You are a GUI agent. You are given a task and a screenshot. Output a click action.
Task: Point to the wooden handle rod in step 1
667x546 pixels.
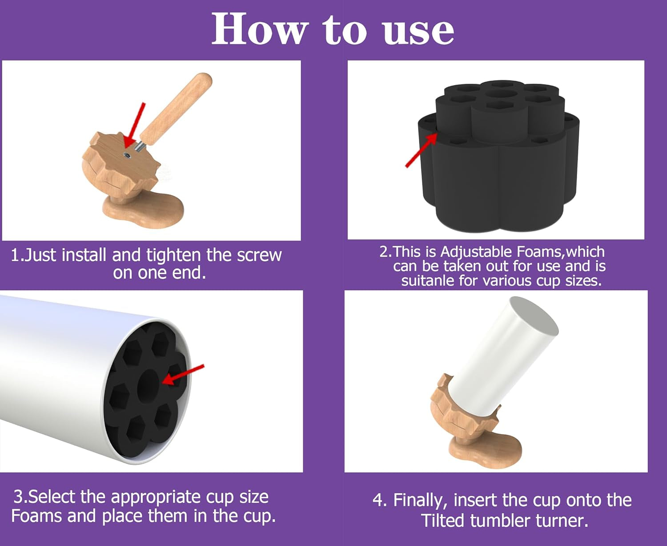tap(177, 109)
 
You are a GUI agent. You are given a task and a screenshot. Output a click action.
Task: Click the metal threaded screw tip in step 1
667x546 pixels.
tap(139, 146)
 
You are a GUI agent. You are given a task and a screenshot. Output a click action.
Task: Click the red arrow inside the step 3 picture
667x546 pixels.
tap(183, 375)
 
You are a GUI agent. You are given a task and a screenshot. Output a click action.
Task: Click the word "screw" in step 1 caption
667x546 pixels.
tap(259, 255)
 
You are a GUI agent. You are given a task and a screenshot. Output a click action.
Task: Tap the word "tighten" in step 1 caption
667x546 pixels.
tap(173, 255)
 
